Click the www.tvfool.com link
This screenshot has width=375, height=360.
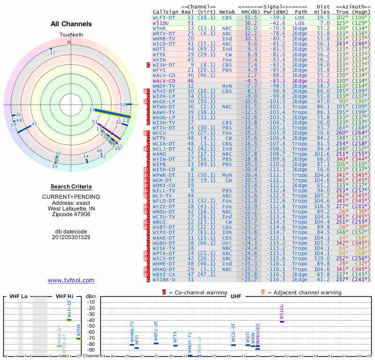tap(71, 280)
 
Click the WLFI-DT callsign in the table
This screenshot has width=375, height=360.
tap(164, 17)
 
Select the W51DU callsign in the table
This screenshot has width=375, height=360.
tap(161, 22)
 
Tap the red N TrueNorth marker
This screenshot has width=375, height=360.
tap(69, 42)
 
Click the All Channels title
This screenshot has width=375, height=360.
tap(71, 24)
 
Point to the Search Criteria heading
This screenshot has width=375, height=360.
tap(71, 187)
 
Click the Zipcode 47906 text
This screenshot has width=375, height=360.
tap(71, 214)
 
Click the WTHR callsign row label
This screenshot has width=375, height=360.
tap(159, 28)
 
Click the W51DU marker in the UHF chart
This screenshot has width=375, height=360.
tap(282, 321)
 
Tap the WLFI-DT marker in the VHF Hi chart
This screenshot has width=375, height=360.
tap(69, 319)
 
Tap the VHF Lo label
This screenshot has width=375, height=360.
tap(16, 296)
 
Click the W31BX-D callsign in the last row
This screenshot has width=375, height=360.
tap(164, 279)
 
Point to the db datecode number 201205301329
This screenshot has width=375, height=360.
tap(71, 237)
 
